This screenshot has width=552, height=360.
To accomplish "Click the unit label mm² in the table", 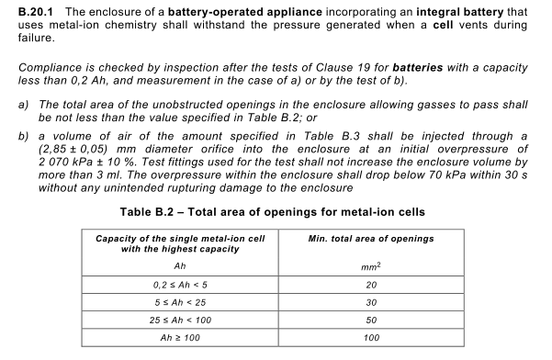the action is tap(372, 266).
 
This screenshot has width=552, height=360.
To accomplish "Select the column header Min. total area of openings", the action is tap(372, 240).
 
